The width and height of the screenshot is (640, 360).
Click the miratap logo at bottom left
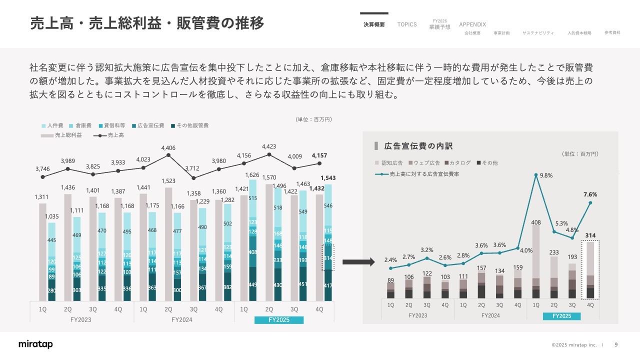35,344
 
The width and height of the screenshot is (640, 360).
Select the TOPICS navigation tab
407,24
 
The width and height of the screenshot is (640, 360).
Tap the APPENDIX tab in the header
472,24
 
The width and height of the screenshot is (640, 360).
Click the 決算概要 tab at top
374,24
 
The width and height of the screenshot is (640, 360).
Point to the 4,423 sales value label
269,146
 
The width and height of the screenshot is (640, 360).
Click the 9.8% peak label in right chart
546,175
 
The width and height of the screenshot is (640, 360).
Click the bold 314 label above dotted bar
590,235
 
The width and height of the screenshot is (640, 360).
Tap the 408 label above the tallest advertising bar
536,222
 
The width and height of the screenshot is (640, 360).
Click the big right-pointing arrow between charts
358,262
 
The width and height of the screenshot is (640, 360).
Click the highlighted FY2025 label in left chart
279,320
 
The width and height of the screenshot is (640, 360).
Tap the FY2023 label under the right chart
417,316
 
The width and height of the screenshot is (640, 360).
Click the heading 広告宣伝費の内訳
418,146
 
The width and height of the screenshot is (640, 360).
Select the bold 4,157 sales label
320,155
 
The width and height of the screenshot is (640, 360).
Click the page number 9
616,344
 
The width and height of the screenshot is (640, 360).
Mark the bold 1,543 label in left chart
328,178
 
